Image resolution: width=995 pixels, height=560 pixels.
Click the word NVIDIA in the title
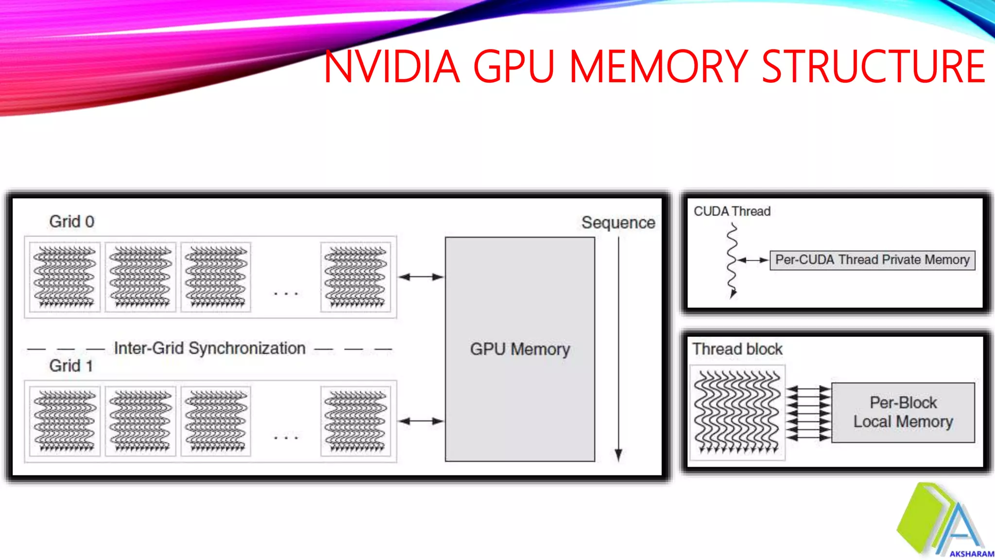pos(392,67)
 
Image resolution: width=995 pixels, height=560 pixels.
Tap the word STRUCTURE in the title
pos(873,67)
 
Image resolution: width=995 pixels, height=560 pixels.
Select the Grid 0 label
pos(72,222)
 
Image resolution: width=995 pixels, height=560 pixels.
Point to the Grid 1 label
pos(71,366)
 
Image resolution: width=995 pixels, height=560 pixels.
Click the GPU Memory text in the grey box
pos(520,349)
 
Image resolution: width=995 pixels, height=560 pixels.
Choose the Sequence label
pos(618,223)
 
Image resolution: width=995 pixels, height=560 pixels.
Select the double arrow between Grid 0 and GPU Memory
pos(421,277)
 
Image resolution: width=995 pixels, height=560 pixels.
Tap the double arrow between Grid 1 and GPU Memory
pos(421,421)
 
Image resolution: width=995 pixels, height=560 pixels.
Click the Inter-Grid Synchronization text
pos(209,349)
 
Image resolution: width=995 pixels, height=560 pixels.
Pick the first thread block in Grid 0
pos(65,277)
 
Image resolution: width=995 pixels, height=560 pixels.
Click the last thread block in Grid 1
pos(356,421)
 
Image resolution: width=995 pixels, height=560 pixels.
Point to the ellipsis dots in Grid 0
pos(286,294)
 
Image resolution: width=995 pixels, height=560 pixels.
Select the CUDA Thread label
pos(732,211)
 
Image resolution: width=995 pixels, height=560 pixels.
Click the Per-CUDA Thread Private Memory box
pos(872,260)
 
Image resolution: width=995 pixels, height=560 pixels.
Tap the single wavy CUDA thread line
pos(732,260)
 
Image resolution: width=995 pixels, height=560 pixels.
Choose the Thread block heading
pos(737,349)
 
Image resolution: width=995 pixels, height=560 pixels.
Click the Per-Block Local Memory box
pos(903,412)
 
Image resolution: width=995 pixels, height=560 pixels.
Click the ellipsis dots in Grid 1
pos(286,437)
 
